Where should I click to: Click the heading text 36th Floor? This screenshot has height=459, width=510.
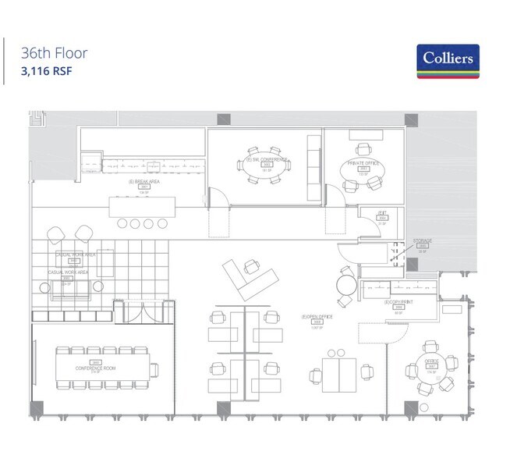point(55,54)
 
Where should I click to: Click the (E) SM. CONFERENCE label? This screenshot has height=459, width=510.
point(267,159)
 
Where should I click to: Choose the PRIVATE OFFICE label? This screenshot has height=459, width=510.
point(362,163)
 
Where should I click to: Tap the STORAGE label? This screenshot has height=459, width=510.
point(423,241)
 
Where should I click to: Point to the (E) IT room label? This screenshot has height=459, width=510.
point(382,213)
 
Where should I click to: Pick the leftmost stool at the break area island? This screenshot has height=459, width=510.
point(122,223)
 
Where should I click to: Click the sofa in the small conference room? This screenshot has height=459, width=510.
point(313,167)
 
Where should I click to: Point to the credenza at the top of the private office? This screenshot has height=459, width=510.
point(364,133)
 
